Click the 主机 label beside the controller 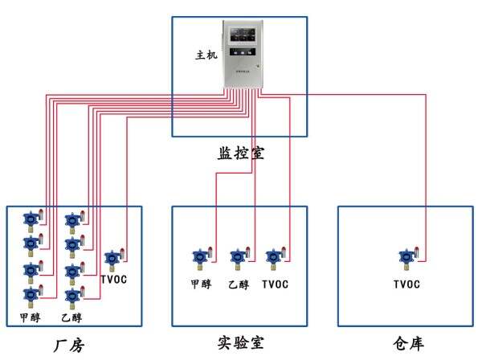[206, 56]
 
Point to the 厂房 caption [68, 346]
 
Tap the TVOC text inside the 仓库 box [406, 284]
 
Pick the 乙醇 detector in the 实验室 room [238, 257]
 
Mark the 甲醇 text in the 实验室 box [201, 284]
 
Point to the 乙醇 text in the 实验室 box [238, 284]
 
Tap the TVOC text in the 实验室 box [275, 284]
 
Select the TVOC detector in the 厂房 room [112, 260]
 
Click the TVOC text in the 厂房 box [114, 280]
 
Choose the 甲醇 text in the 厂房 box [31, 318]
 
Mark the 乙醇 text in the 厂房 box [71, 318]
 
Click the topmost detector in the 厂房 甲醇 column [31, 219]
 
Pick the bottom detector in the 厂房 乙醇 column [71, 296]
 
